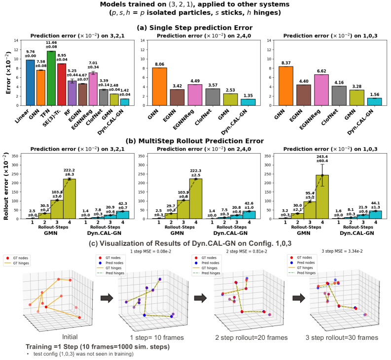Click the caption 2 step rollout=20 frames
[x=244, y=338]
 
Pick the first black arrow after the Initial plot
[x=106, y=297]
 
